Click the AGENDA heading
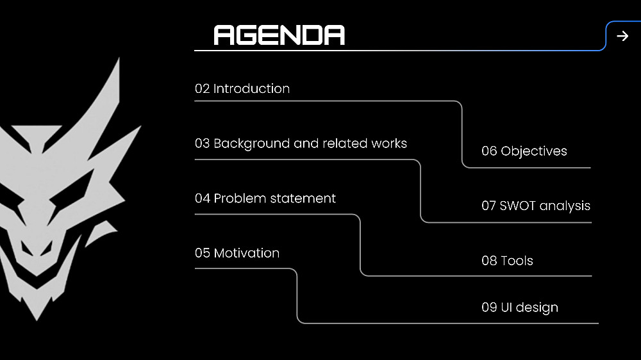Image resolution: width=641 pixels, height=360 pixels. pyautogui.click(x=279, y=35)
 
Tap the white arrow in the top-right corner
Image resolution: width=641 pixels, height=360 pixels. pyautogui.click(x=622, y=36)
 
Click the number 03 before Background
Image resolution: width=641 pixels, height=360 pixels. pyautogui.click(x=202, y=143)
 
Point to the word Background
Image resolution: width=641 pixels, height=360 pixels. pyautogui.click(x=251, y=143)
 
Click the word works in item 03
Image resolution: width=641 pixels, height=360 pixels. pyautogui.click(x=389, y=143)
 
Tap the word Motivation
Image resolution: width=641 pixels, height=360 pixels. pyautogui.click(x=247, y=253)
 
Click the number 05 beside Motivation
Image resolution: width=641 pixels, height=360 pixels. pyautogui.click(x=202, y=253)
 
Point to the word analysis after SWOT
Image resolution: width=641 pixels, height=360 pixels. pyautogui.click(x=565, y=206)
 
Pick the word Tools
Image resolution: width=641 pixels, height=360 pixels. pyautogui.click(x=517, y=261)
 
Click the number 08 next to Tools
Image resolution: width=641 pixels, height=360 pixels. pyautogui.click(x=489, y=261)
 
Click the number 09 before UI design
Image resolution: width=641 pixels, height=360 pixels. pyautogui.click(x=489, y=307)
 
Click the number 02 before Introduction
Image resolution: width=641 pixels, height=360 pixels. pyautogui.click(x=202, y=88)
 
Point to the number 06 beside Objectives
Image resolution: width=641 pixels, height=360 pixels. pyautogui.click(x=489, y=151)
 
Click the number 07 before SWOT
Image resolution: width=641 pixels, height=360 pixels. pyautogui.click(x=489, y=206)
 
